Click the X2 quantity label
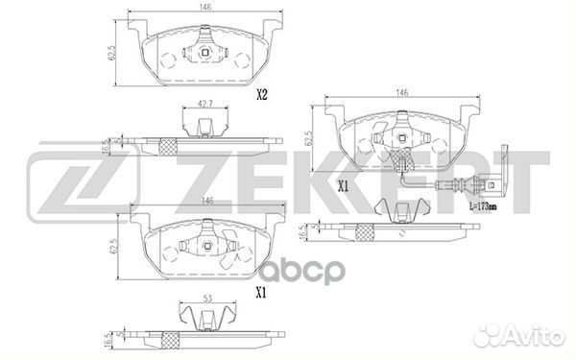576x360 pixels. click(x=261, y=95)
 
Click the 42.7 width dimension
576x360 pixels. click(x=205, y=104)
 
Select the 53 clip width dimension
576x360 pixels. click(x=208, y=299)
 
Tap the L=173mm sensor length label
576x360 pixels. click(x=483, y=206)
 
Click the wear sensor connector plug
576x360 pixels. click(x=492, y=183)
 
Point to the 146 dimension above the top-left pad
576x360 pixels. click(x=205, y=8)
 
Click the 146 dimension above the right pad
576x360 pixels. click(x=402, y=92)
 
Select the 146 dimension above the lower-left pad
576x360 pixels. click(x=207, y=201)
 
